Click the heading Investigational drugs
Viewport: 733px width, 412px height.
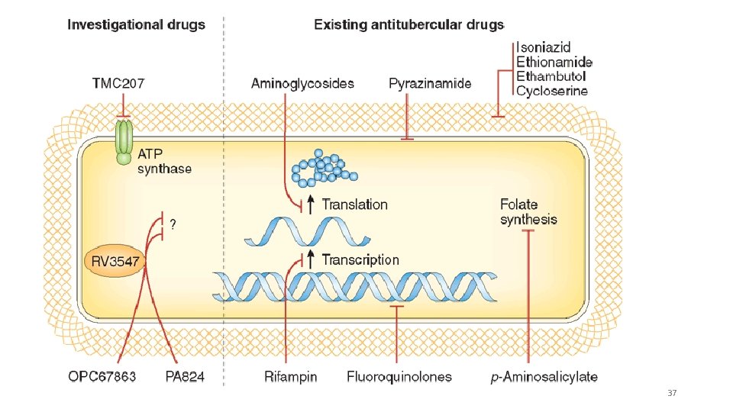(136, 24)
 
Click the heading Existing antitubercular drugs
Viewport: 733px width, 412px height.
(409, 24)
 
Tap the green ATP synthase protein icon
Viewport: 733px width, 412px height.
(124, 140)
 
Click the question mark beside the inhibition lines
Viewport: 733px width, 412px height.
(173, 224)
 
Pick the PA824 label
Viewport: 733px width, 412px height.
(185, 376)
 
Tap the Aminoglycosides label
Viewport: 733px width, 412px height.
(302, 83)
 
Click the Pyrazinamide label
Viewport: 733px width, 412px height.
(430, 83)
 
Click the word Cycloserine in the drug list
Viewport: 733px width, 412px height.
(552, 91)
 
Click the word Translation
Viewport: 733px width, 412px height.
(354, 204)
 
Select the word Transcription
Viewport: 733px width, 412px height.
(360, 260)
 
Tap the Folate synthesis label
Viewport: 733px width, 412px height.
(528, 212)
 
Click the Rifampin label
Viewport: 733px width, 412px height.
(290, 376)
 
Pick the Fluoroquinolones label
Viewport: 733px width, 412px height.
(399, 376)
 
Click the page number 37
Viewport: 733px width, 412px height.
(672, 393)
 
